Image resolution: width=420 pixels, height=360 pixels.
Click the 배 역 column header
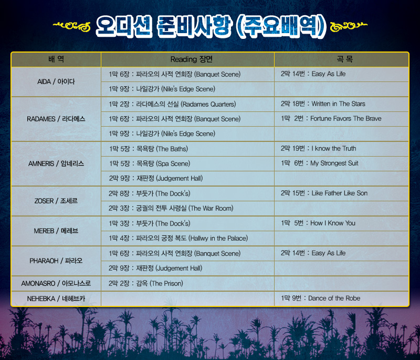56,59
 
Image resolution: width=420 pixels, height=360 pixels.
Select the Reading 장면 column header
192,59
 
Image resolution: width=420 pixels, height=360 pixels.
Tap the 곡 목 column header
345,59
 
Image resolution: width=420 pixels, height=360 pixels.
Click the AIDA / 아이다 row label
56,81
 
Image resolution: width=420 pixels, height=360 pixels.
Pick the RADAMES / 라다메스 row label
56,119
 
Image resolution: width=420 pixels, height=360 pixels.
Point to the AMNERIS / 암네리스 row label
56,163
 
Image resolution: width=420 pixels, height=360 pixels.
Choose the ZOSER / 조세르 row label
56,201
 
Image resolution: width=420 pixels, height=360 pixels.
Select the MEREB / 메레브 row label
56,231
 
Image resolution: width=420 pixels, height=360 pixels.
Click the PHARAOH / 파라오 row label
56,261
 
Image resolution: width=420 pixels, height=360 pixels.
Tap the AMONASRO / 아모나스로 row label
56,283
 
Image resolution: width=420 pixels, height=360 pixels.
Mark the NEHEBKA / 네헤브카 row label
56,299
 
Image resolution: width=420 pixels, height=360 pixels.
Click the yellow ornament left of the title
72,26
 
